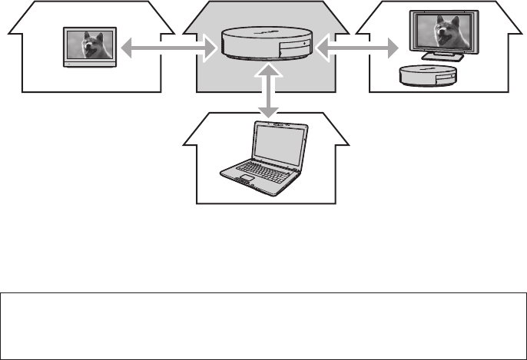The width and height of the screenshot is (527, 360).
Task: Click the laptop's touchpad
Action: tap(246, 180)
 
